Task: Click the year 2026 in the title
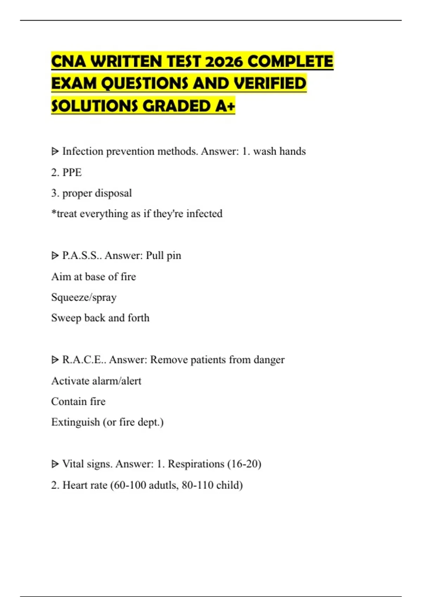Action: tap(224, 62)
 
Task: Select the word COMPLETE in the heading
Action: tap(290, 62)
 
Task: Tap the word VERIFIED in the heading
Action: tap(270, 84)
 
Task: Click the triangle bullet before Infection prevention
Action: tap(55, 152)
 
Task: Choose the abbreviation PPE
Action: tap(72, 172)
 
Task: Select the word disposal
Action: tap(113, 193)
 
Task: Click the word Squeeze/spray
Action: tap(84, 297)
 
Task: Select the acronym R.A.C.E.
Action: tap(83, 360)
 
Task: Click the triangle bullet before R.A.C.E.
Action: tap(55, 360)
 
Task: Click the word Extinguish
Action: tap(75, 422)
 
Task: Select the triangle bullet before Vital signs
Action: tap(55, 464)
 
